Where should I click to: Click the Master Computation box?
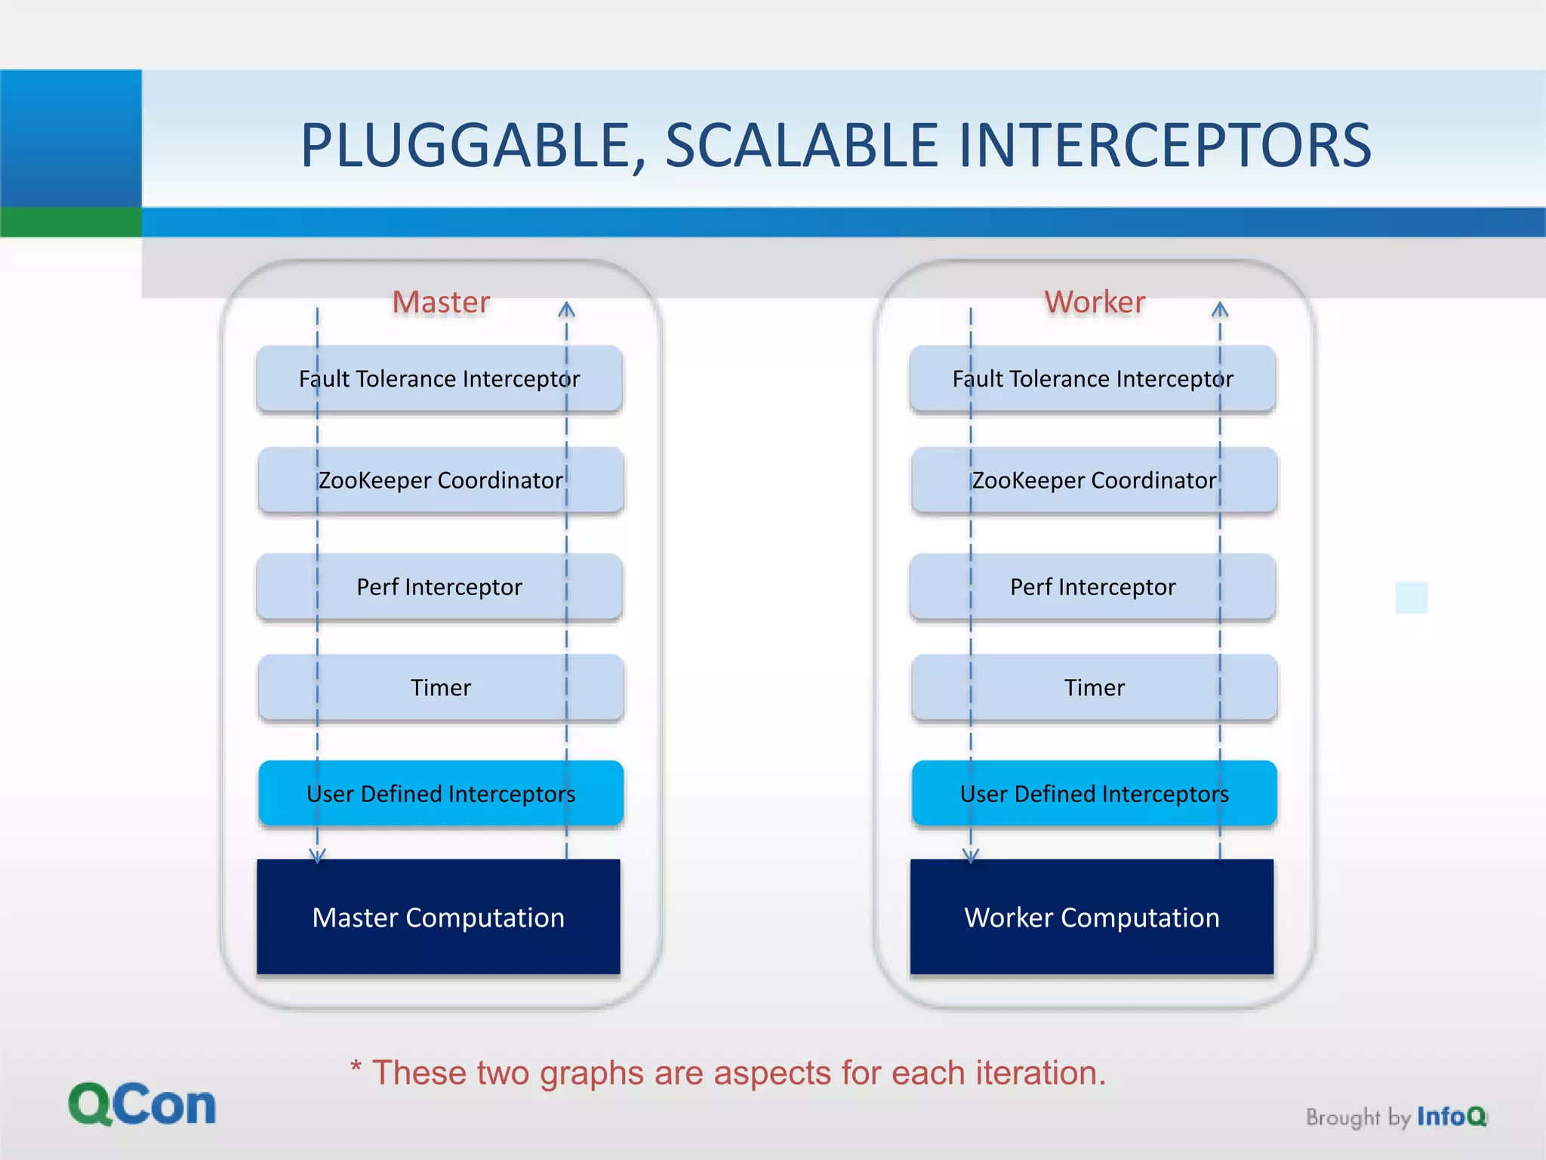tap(439, 917)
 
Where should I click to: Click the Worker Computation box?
tap(1092, 917)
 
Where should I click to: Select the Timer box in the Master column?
tap(441, 687)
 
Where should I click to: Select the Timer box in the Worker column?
tap(1094, 687)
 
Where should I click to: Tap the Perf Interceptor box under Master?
tap(439, 587)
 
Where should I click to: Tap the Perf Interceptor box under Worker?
tap(1092, 587)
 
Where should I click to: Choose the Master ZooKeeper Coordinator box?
tap(441, 480)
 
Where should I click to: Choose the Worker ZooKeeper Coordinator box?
tap(1094, 480)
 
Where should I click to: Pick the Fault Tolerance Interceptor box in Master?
tap(439, 378)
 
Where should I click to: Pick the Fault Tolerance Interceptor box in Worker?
tap(1092, 378)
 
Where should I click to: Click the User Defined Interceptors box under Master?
tap(441, 794)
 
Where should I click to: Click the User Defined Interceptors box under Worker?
tap(1094, 794)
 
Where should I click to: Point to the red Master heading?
tap(441, 302)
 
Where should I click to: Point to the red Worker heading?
tap(1095, 302)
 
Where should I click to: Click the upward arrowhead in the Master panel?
tap(567, 309)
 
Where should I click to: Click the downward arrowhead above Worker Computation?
tap(971, 856)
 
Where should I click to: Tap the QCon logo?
tap(142, 1105)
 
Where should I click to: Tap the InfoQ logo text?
tap(1451, 1116)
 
